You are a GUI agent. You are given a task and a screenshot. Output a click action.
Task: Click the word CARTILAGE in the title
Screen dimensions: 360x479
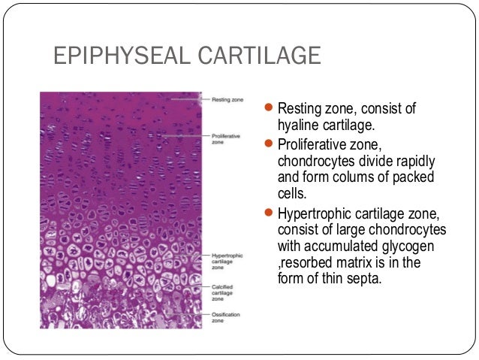(262, 56)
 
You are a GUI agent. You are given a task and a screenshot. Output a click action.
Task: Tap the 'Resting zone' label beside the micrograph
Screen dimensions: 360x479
(218, 98)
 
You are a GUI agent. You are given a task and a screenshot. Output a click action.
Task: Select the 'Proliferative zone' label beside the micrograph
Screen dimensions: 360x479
(221, 138)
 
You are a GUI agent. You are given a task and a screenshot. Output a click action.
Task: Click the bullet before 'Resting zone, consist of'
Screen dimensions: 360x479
(272, 110)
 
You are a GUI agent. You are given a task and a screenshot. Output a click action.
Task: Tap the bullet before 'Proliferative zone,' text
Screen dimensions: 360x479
(272, 144)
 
